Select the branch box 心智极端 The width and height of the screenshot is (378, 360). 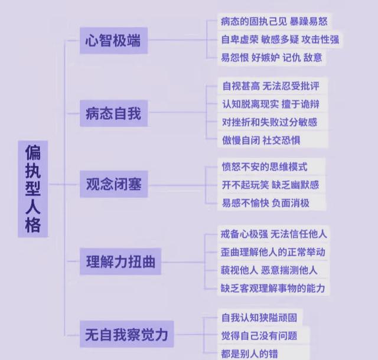tap(114, 42)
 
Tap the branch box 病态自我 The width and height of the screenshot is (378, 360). tap(114, 113)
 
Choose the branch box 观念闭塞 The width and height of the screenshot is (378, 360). tap(114, 185)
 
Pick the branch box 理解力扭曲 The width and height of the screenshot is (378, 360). tap(121, 261)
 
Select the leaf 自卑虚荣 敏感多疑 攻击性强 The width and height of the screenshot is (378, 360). tap(280, 40)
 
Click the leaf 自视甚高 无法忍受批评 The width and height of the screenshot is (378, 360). tap(271, 86)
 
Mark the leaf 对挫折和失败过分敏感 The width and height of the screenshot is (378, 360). tap(269, 122)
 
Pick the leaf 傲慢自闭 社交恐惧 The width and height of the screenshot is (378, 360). tap(260, 140)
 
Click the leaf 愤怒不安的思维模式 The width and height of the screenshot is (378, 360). tap(264, 167)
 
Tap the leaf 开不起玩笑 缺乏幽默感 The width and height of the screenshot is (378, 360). tap(270, 185)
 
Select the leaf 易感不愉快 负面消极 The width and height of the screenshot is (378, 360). tap(265, 204)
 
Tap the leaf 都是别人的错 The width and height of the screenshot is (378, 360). tap(249, 353)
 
